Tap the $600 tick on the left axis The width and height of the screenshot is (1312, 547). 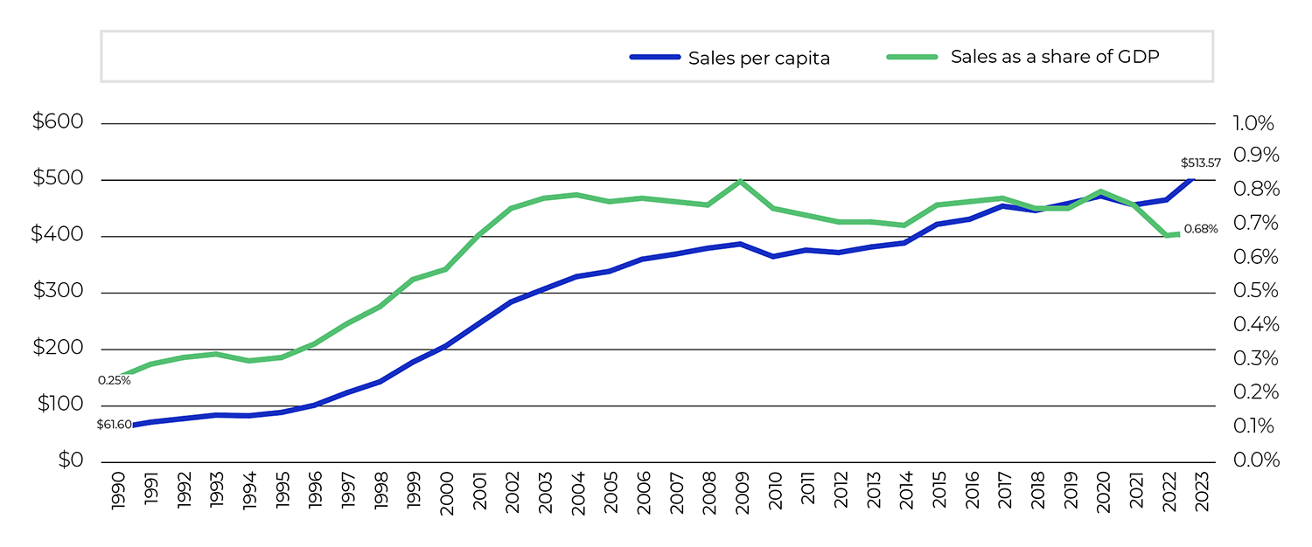[x=58, y=122]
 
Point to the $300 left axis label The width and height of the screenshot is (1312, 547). [x=58, y=292]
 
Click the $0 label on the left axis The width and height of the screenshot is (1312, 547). [x=70, y=460]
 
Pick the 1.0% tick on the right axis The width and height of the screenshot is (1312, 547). [x=1255, y=122]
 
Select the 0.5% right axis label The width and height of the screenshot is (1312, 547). [x=1255, y=291]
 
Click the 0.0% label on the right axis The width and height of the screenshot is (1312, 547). [x=1255, y=460]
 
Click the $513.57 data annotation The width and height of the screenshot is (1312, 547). [x=1200, y=163]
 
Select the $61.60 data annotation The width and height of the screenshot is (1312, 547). [x=114, y=425]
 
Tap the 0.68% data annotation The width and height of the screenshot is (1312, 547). [x=1200, y=230]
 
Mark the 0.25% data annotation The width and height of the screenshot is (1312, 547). [x=114, y=380]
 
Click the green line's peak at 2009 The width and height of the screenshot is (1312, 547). [x=741, y=182]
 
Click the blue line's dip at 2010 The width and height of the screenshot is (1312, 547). [x=773, y=256]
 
